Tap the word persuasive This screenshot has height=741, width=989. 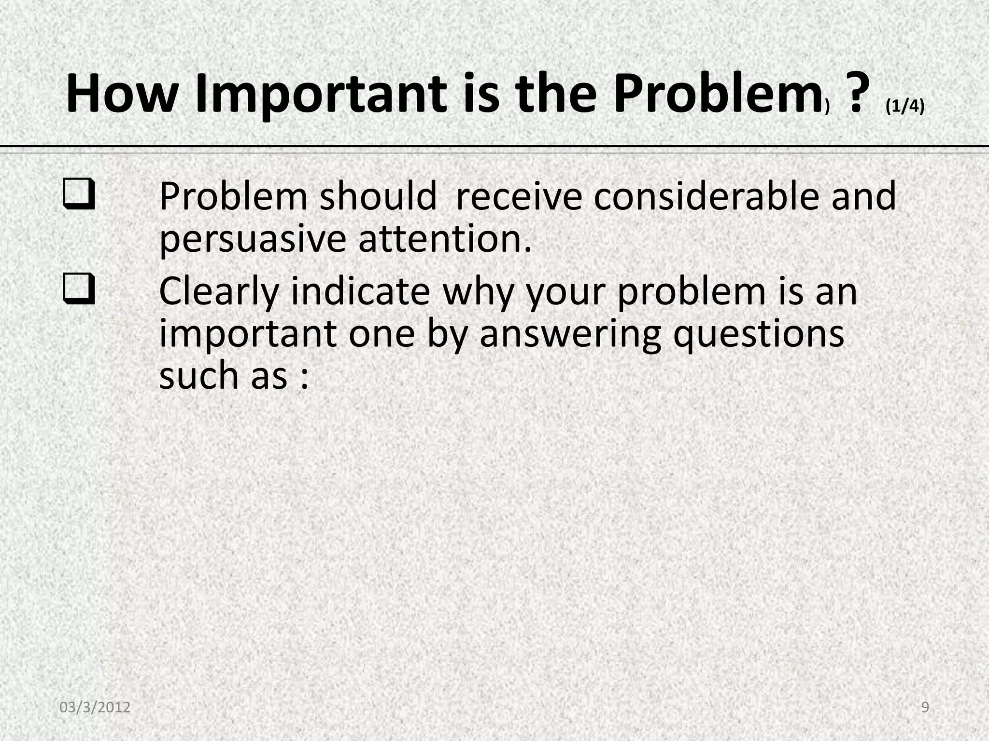click(x=253, y=239)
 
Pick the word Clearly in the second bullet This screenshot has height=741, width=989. click(x=219, y=291)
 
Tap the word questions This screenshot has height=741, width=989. click(x=759, y=334)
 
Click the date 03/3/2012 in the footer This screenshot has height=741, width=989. click(x=95, y=707)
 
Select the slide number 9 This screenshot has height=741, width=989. click(x=925, y=707)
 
